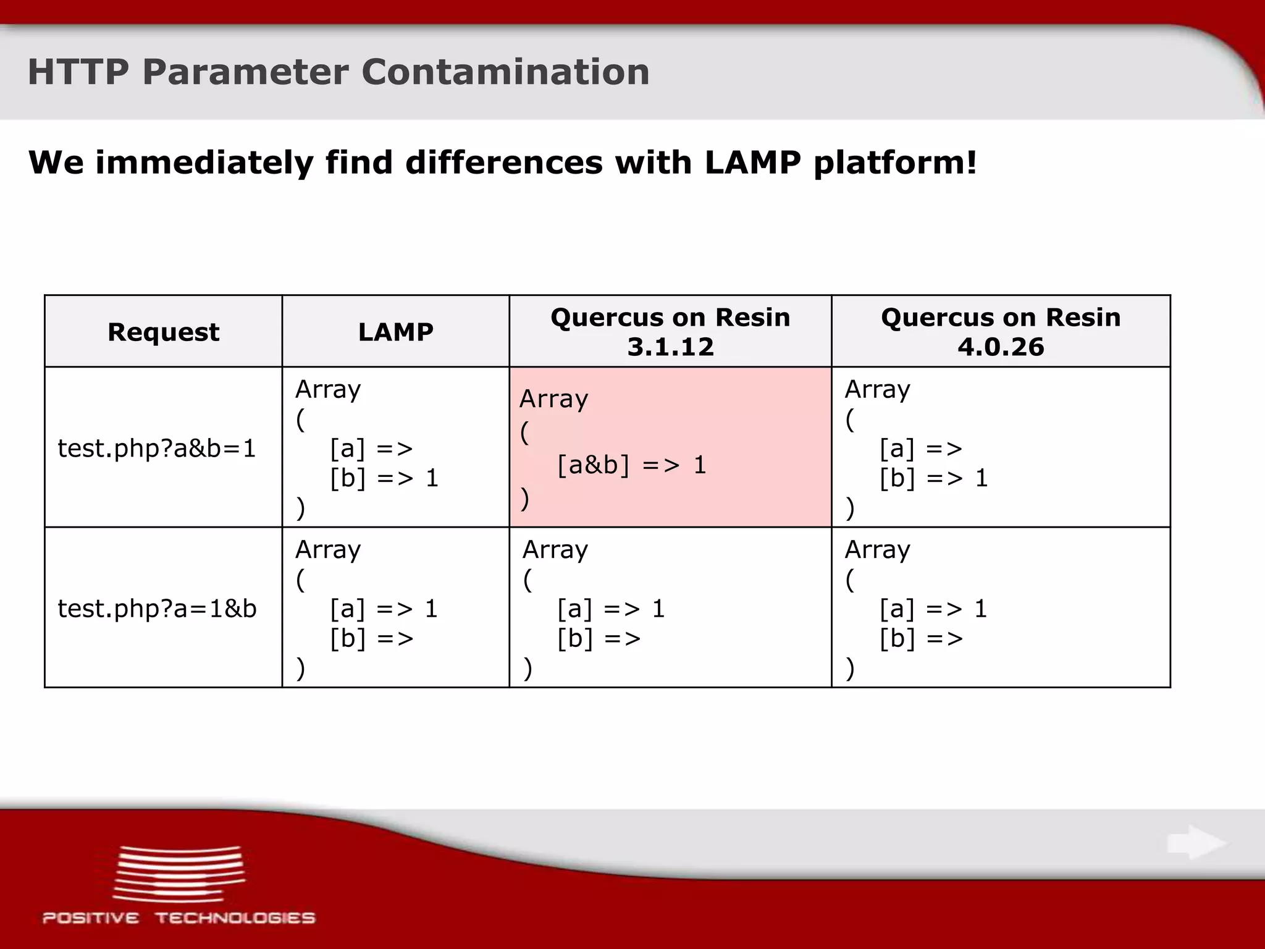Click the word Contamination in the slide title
tap(505, 72)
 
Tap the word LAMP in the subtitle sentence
tap(752, 162)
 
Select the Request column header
tap(163, 332)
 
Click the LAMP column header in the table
tap(395, 332)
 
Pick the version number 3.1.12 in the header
tap(670, 347)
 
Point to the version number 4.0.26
tap(1001, 347)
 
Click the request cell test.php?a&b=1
tap(156, 449)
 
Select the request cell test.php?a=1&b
tap(157, 609)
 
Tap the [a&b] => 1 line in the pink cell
tap(631, 465)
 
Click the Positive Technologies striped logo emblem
tap(179, 873)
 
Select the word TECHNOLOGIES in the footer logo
tap(235, 918)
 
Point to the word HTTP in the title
tap(78, 72)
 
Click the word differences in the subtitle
tap(503, 162)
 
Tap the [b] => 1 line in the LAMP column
tap(384, 478)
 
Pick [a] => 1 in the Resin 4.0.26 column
tap(933, 609)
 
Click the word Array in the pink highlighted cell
tap(553, 399)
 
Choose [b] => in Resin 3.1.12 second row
tap(599, 638)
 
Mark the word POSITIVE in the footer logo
tap(91, 918)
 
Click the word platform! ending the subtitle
tap(895, 164)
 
